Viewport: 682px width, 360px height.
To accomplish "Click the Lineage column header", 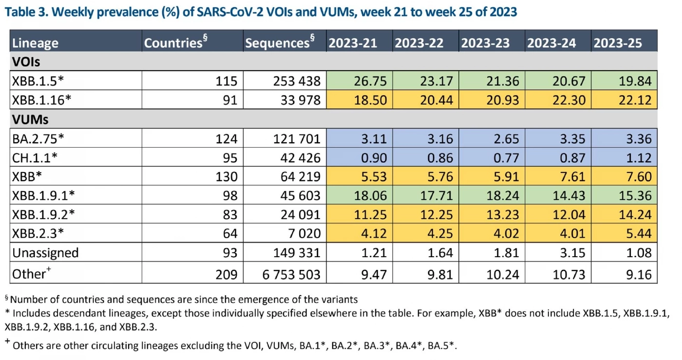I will (35, 43).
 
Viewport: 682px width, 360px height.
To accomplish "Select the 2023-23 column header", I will (485, 43).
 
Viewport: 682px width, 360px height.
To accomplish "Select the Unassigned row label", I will (45, 253).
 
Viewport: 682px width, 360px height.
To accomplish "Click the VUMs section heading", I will (30, 119).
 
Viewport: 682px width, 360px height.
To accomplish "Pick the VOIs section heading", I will (26, 62).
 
